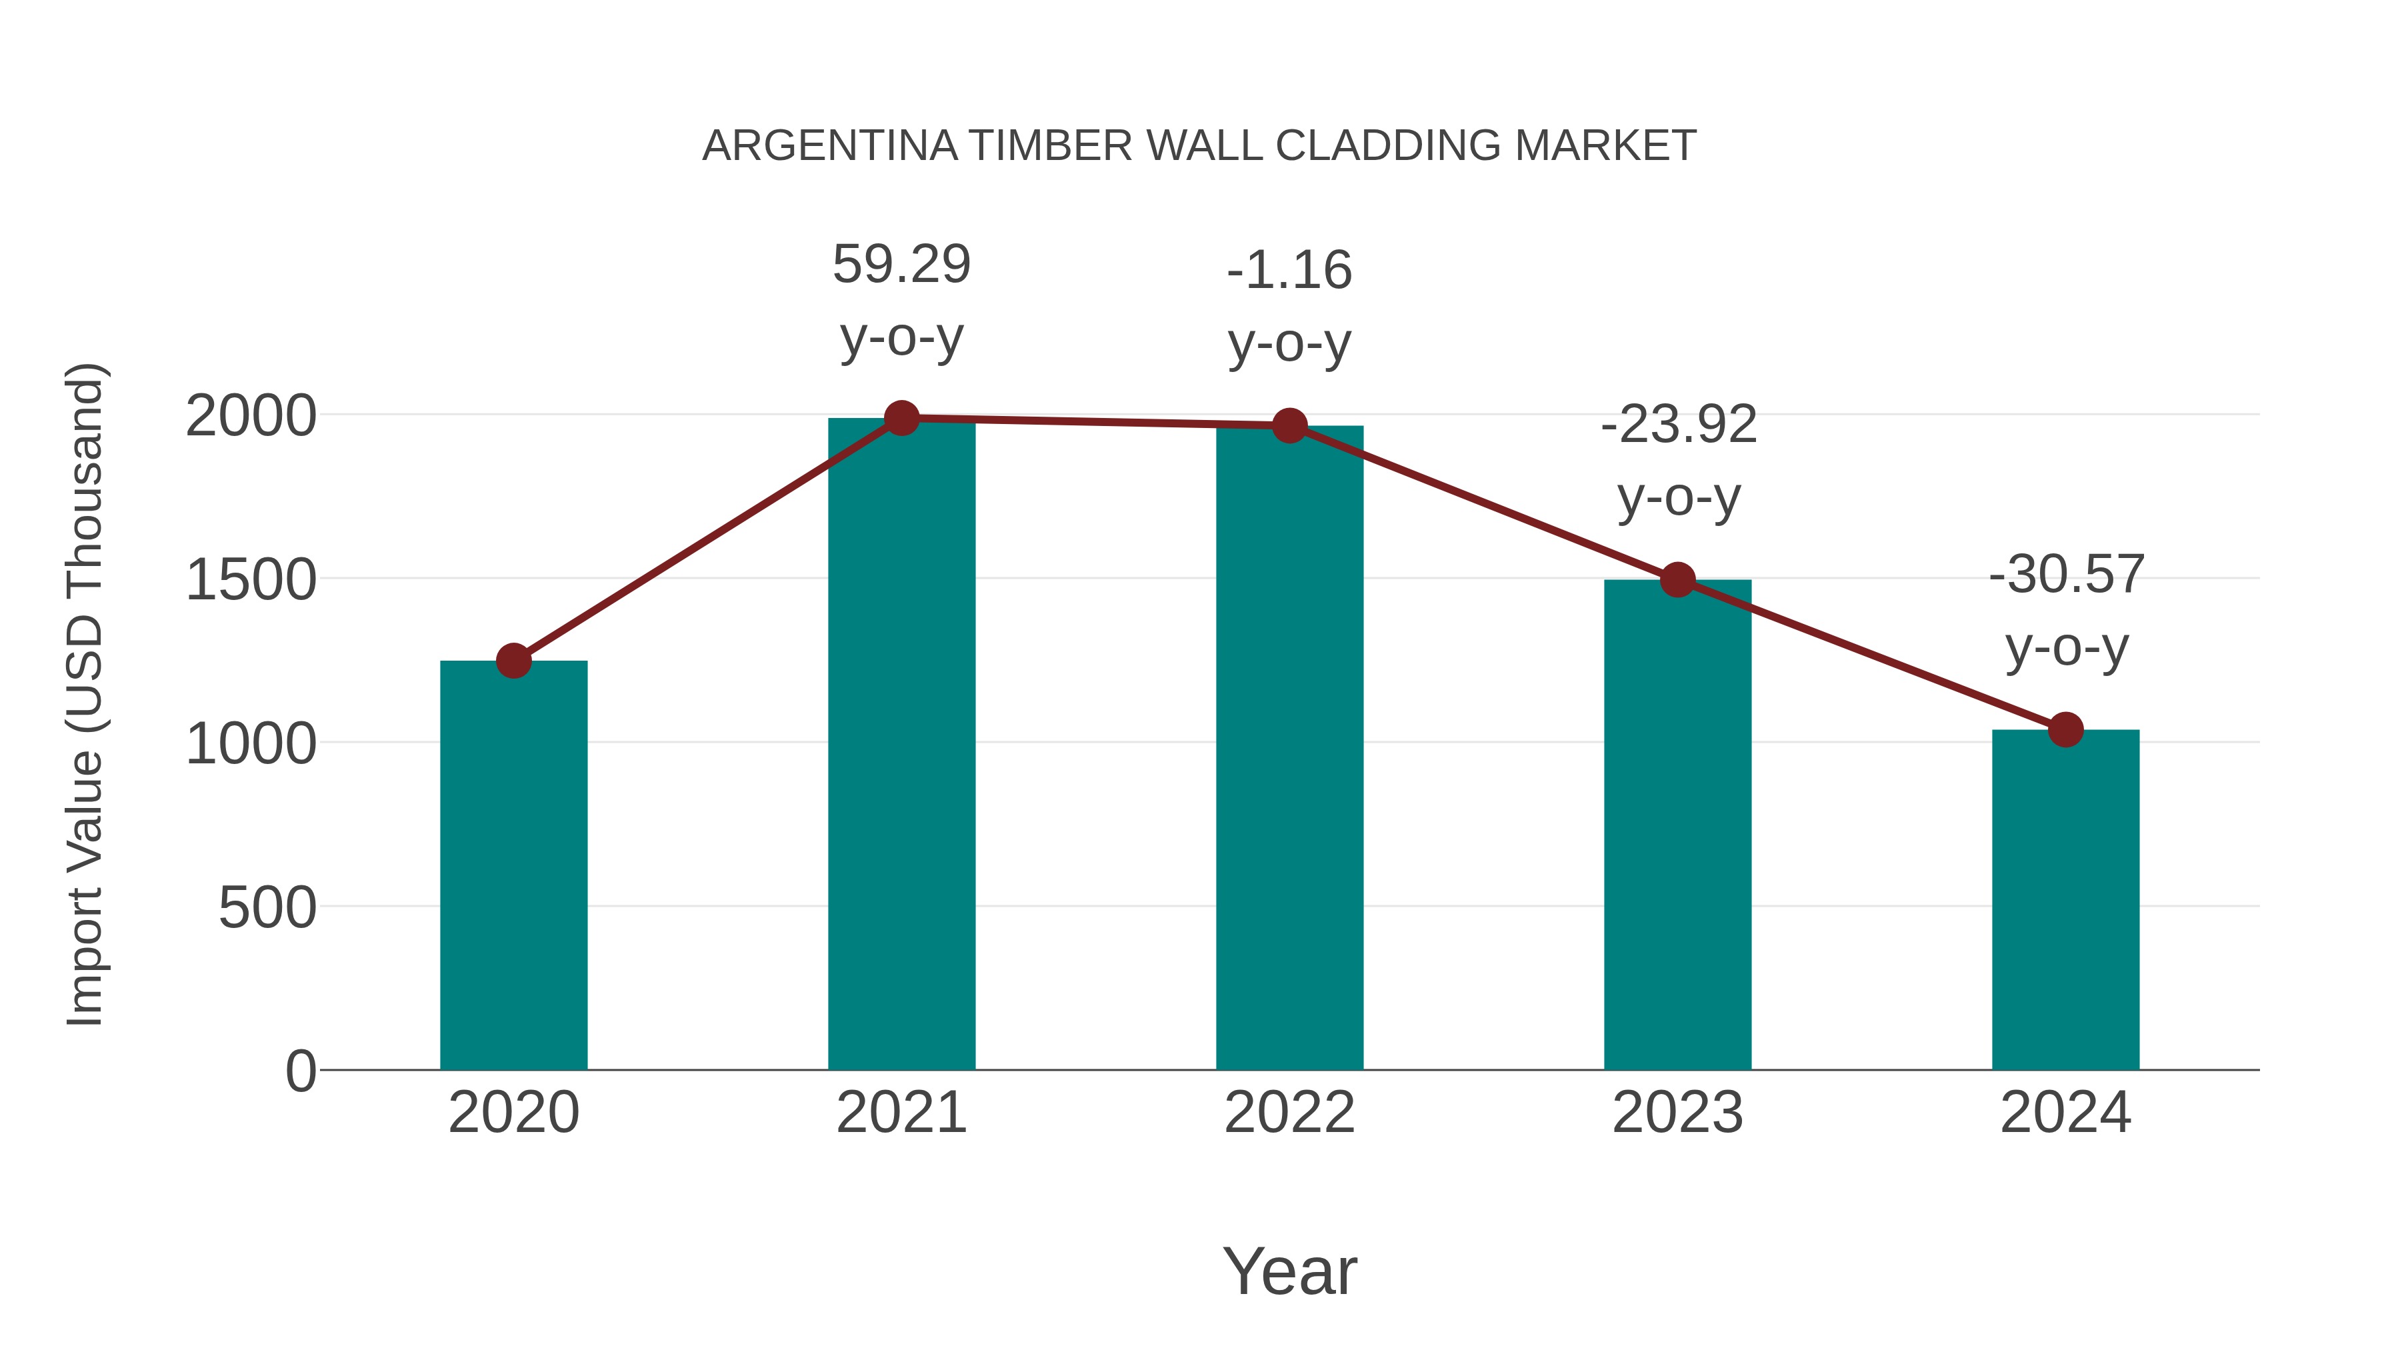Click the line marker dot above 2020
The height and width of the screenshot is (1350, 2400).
[x=513, y=661]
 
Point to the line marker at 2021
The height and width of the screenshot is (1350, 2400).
[x=901, y=418]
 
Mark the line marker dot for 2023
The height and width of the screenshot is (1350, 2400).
[x=1677, y=579]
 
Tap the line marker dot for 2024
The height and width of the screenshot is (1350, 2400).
[x=2065, y=729]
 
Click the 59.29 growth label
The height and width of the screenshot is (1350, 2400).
[x=901, y=265]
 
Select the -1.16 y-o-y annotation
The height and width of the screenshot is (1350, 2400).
[x=1289, y=271]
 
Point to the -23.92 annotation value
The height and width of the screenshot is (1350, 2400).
[x=1678, y=425]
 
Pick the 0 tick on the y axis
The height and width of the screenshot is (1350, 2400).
[x=301, y=1071]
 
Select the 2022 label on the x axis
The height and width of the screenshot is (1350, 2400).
[x=1289, y=1113]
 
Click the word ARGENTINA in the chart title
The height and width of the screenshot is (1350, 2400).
[x=829, y=146]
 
